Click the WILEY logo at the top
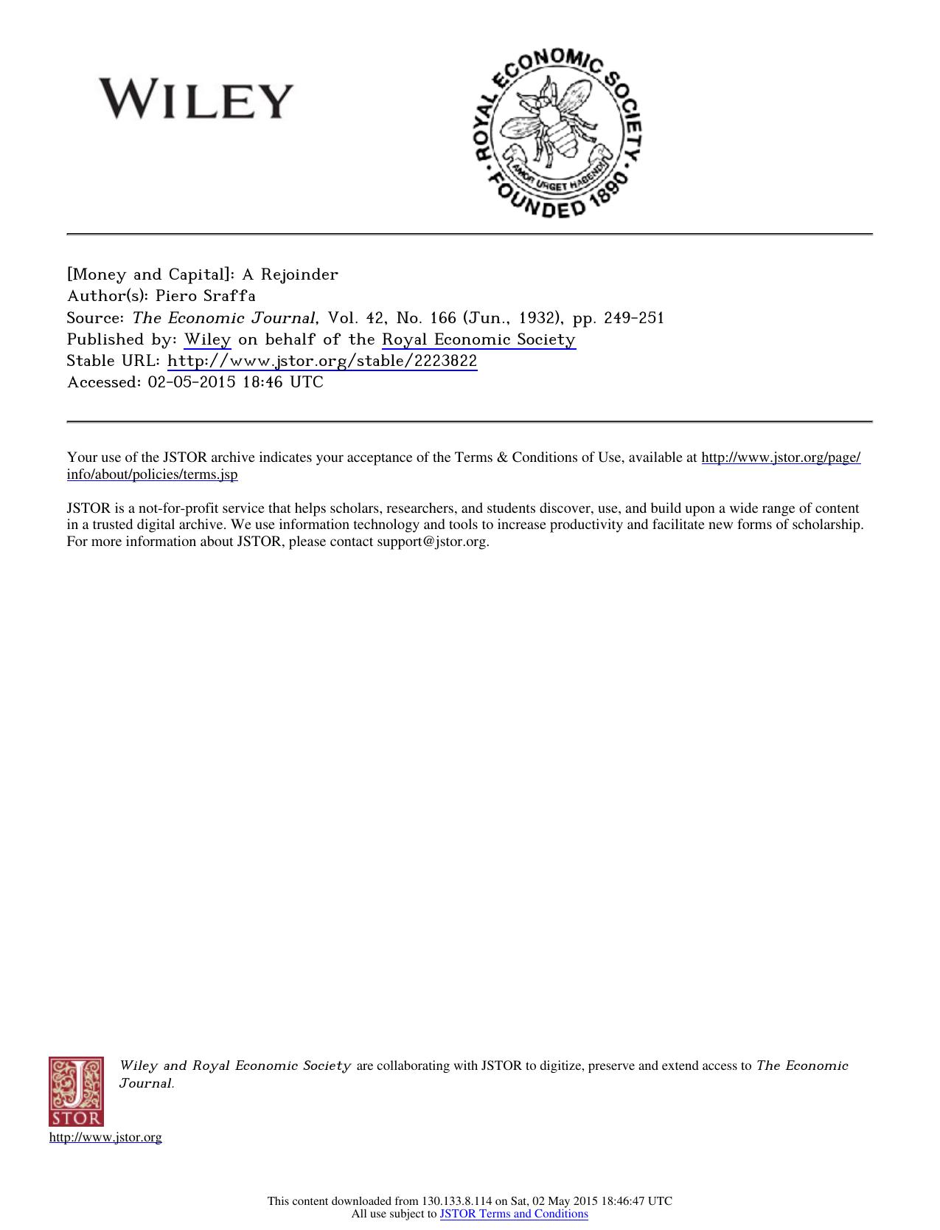coord(197,100)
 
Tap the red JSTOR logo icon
coord(77,1091)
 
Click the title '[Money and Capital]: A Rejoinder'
coord(203,274)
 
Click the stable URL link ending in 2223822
coord(322,361)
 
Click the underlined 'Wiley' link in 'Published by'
coord(207,339)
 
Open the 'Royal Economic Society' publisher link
coord(478,339)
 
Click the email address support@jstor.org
coord(432,542)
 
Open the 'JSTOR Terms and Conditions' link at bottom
coord(514,1214)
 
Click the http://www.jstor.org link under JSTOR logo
coord(105,1137)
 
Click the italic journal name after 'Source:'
coord(225,318)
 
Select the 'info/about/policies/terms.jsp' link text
coord(152,474)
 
